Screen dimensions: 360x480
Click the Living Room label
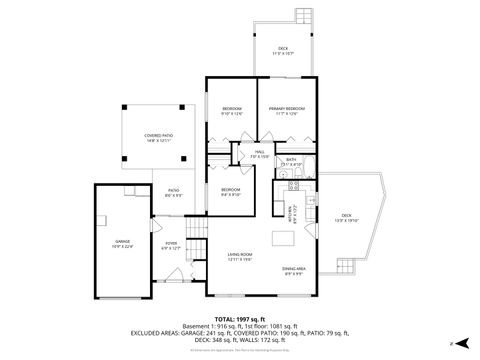(x=239, y=257)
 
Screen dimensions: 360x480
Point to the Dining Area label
(x=294, y=270)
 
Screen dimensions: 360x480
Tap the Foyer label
(x=171, y=245)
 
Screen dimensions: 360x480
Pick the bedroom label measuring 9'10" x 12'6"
(x=231, y=111)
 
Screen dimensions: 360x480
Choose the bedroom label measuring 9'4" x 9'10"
(x=231, y=192)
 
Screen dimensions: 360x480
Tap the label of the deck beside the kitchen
(x=346, y=217)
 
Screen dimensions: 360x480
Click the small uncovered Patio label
(x=172, y=193)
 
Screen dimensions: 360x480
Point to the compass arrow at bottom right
(x=451, y=343)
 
